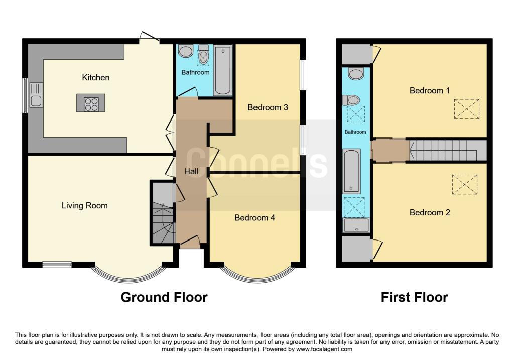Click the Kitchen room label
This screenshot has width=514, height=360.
pyautogui.click(x=96, y=78)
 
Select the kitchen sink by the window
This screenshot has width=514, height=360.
pyautogui.click(x=36, y=101)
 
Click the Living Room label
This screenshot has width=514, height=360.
pyautogui.click(x=84, y=205)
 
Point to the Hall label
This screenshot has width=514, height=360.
pyautogui.click(x=191, y=172)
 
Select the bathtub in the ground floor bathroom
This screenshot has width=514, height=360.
pyautogui.click(x=223, y=70)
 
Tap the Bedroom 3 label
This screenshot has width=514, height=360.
pyautogui.click(x=268, y=107)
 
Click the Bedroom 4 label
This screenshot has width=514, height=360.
pyautogui.click(x=255, y=218)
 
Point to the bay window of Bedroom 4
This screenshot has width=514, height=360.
pyautogui.click(x=256, y=275)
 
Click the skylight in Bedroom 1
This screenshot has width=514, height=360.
pyautogui.click(x=466, y=109)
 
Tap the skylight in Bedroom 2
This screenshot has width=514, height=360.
pyautogui.click(x=465, y=184)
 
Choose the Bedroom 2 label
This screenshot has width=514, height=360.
pyautogui.click(x=430, y=213)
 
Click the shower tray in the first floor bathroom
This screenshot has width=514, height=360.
pyautogui.click(x=356, y=225)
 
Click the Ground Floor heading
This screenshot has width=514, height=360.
pyautogui.click(x=164, y=297)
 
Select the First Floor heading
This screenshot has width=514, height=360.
pyautogui.click(x=414, y=297)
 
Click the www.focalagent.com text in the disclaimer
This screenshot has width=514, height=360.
pyautogui.click(x=324, y=349)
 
